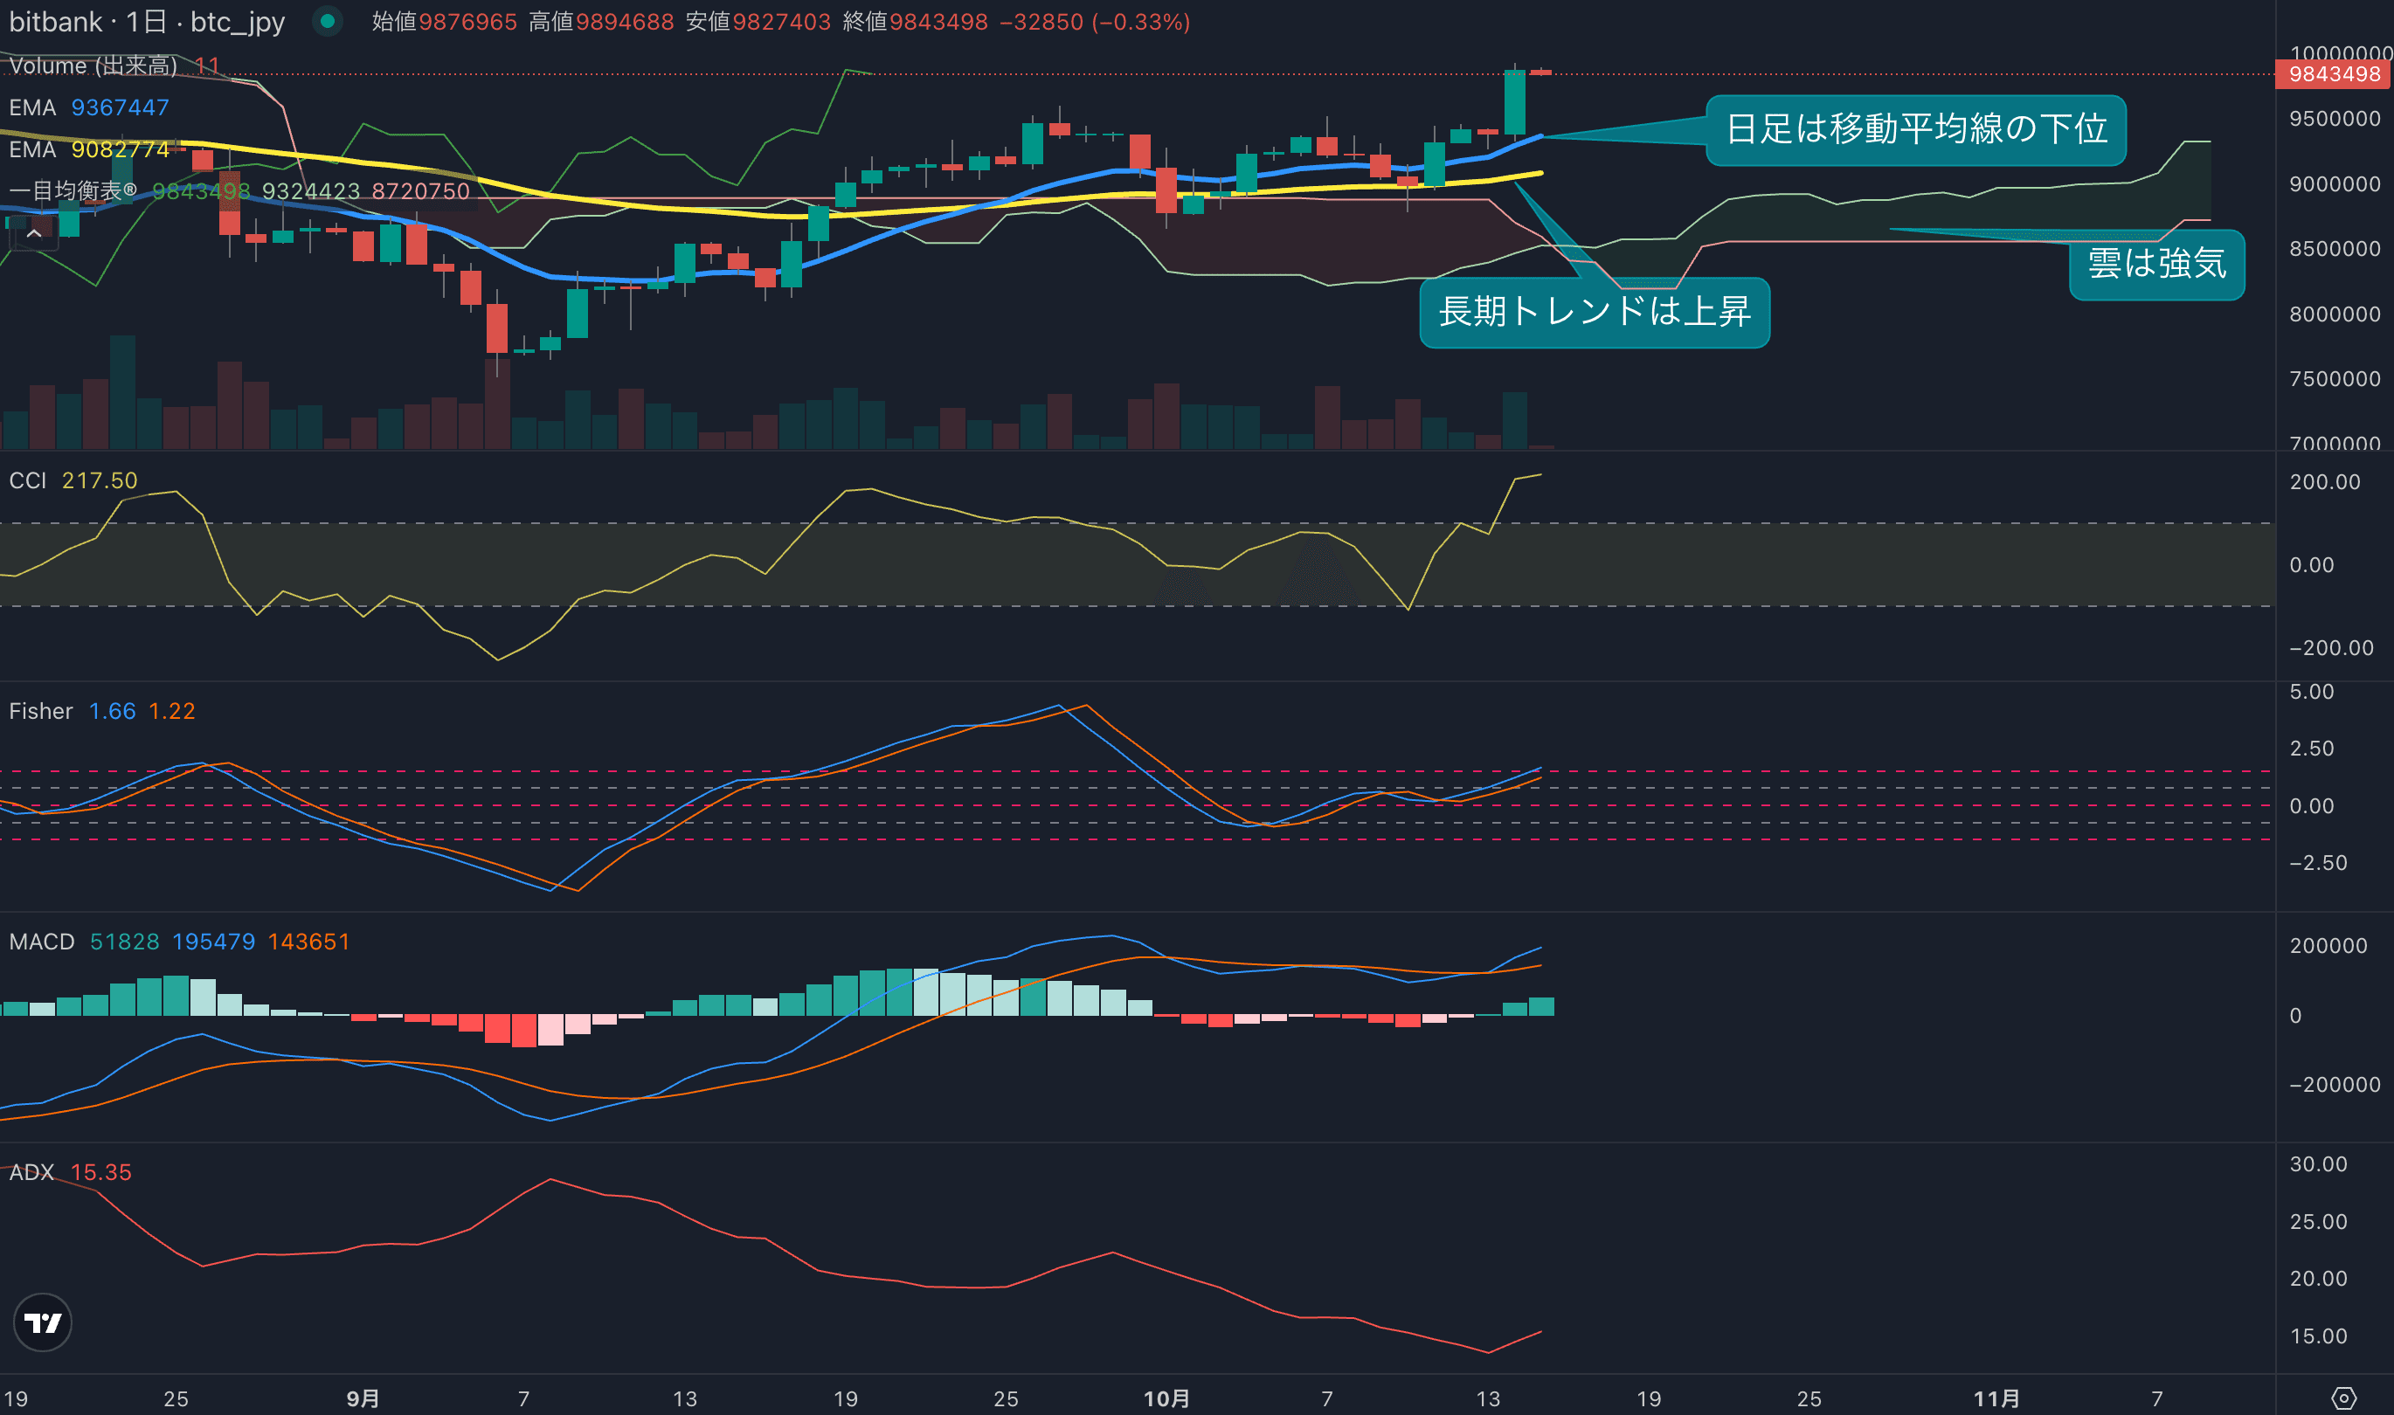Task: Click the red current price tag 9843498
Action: coord(2333,74)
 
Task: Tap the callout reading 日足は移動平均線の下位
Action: coord(1915,129)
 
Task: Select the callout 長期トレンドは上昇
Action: coord(1594,312)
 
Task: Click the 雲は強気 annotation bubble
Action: coord(2155,263)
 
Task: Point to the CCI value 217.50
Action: coord(100,480)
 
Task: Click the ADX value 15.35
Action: coord(101,1172)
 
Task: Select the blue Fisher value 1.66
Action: coord(112,711)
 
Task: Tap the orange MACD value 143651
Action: coord(308,942)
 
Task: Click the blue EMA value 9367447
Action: coord(121,107)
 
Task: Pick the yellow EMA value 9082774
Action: coord(121,149)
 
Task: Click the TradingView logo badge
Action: coord(43,1322)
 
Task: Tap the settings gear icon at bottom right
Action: coord(2343,1398)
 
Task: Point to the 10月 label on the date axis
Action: coord(1166,1398)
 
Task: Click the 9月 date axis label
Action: coord(363,1398)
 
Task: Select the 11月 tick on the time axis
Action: coord(1996,1398)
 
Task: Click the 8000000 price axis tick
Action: coord(2334,314)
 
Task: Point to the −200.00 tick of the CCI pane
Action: coord(2331,648)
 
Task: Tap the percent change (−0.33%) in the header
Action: coord(1141,22)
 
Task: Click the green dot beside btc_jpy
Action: coord(327,21)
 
